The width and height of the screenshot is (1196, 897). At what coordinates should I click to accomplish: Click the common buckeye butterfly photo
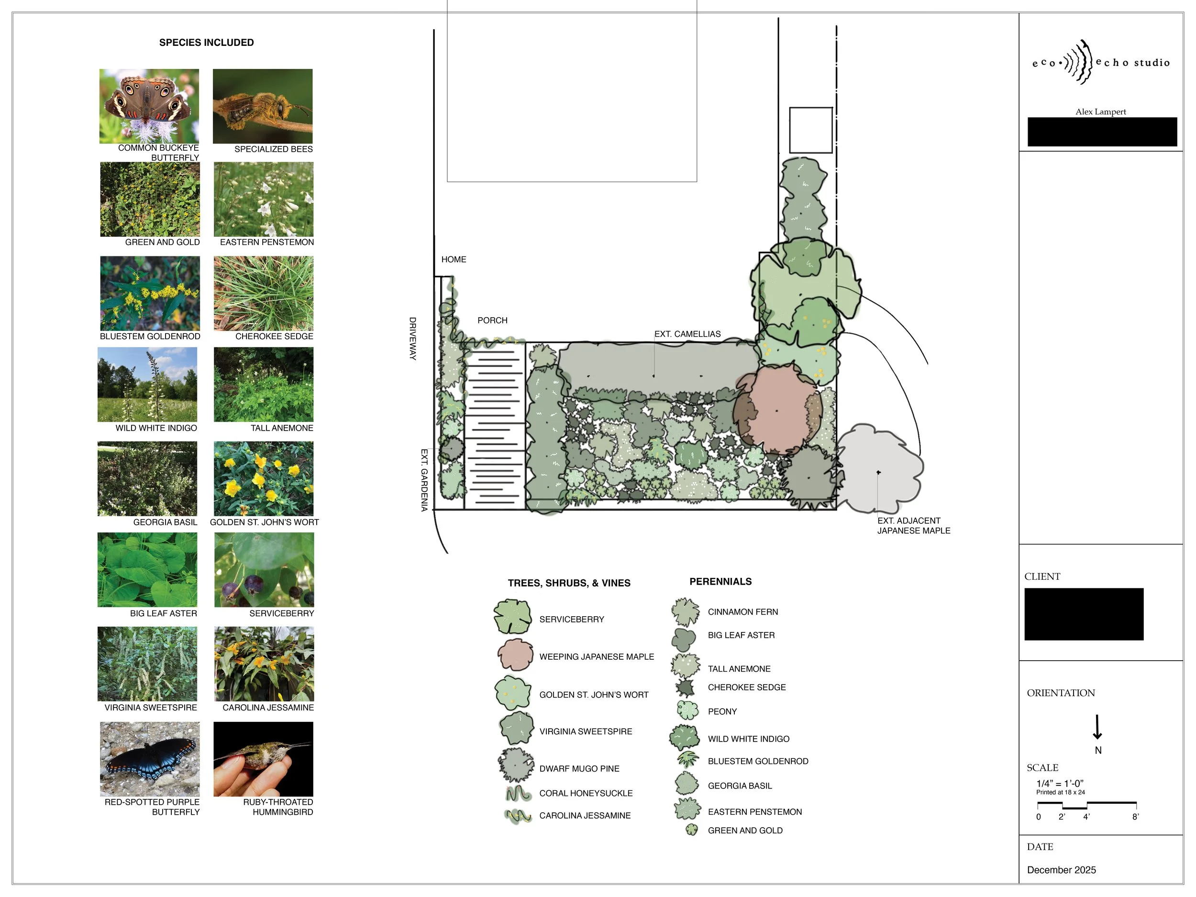(x=149, y=106)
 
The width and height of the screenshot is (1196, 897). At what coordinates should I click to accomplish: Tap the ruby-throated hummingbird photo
(x=263, y=759)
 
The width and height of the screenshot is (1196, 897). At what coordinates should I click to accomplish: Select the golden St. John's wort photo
(x=263, y=478)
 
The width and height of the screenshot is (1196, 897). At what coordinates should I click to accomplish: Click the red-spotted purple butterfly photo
(x=150, y=759)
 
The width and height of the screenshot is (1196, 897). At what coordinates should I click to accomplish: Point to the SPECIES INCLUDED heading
(x=206, y=43)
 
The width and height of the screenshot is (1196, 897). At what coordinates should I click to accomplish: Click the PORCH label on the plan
(x=492, y=321)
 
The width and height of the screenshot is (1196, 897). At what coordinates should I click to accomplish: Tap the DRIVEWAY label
(x=412, y=339)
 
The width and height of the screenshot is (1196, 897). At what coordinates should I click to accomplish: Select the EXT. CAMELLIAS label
(x=687, y=334)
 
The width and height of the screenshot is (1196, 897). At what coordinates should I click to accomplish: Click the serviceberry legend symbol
(x=512, y=616)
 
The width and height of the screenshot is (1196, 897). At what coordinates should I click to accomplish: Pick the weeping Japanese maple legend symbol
(x=516, y=654)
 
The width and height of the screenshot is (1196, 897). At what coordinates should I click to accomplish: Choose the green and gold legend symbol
(x=691, y=830)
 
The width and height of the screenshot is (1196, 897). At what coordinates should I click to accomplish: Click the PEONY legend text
(x=722, y=711)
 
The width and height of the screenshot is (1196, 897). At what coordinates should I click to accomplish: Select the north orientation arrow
(x=1097, y=728)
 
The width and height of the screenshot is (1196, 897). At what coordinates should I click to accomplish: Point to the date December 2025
(x=1062, y=870)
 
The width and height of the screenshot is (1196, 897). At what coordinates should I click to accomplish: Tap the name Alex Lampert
(x=1100, y=112)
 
